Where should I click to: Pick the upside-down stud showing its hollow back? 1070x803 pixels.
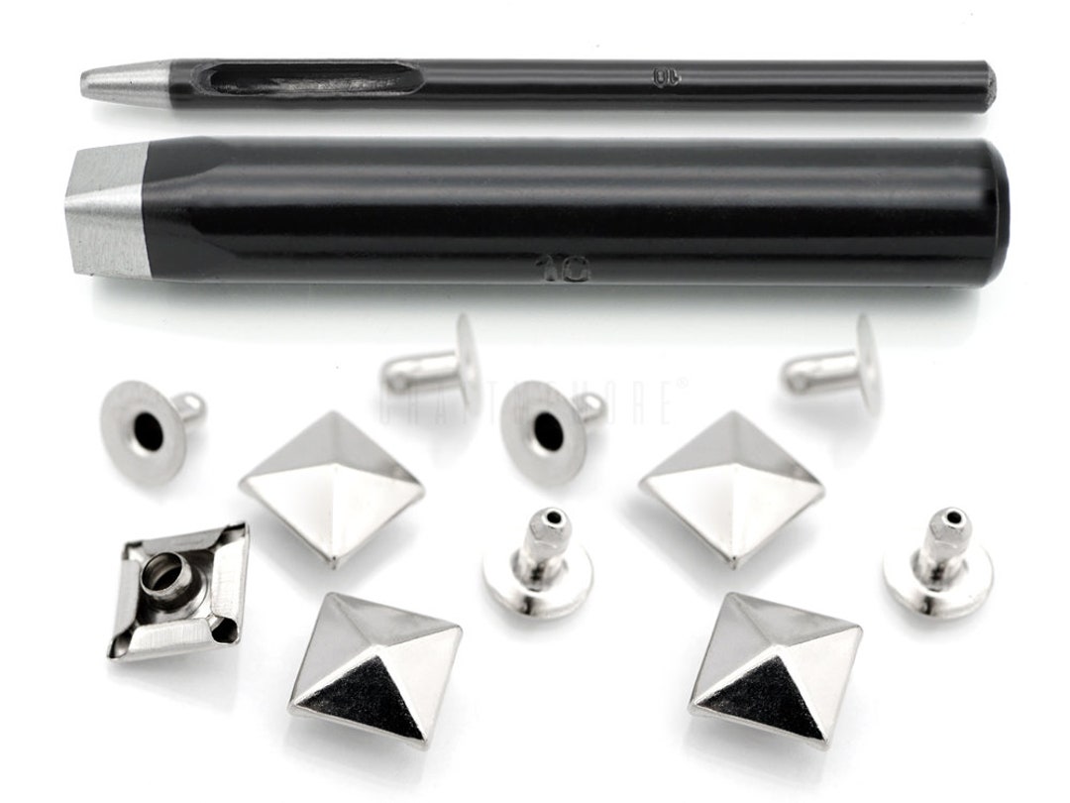coord(178,591)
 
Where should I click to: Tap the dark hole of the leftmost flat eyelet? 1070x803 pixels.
coord(148,432)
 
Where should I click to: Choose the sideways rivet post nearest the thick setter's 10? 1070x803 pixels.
coord(436,365)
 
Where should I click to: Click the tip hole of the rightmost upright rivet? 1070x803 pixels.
coord(951,516)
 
